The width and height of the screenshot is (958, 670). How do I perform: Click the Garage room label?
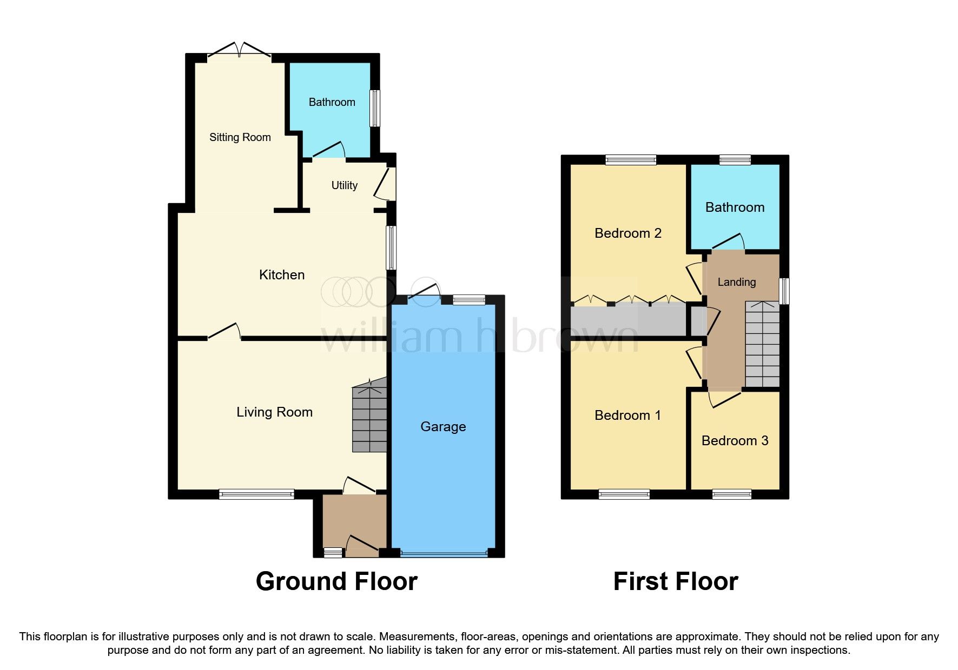pyautogui.click(x=443, y=427)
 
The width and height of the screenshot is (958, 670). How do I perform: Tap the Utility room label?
pyautogui.click(x=344, y=185)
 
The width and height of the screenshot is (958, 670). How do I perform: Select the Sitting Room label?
pyautogui.click(x=240, y=137)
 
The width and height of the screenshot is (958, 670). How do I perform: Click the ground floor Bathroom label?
pyautogui.click(x=332, y=102)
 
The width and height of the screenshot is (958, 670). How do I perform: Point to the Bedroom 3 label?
pyautogui.click(x=735, y=441)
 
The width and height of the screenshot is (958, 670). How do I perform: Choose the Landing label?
pyautogui.click(x=736, y=282)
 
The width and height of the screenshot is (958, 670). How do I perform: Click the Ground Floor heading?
pyautogui.click(x=336, y=582)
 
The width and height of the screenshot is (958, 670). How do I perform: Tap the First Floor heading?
pyautogui.click(x=675, y=582)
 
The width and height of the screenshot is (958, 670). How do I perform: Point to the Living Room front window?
pyautogui.click(x=256, y=493)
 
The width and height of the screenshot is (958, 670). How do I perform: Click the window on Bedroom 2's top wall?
pyautogui.click(x=631, y=159)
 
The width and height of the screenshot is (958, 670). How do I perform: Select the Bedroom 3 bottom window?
pyautogui.click(x=731, y=494)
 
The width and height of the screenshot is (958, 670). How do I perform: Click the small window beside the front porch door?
pyautogui.click(x=333, y=552)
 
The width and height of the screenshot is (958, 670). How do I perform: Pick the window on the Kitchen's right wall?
pyautogui.click(x=391, y=247)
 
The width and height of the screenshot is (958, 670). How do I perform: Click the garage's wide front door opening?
pyautogui.click(x=444, y=553)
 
